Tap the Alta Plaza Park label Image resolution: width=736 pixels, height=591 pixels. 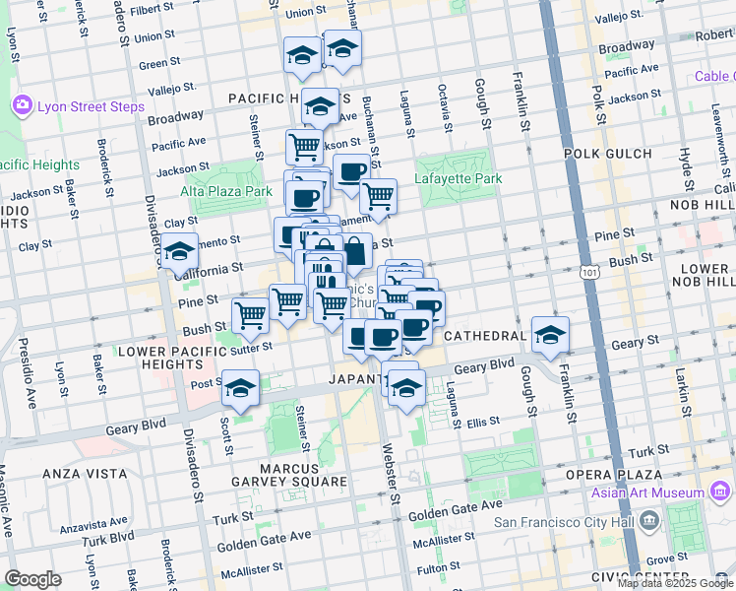225,191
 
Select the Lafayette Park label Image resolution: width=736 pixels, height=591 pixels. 458,178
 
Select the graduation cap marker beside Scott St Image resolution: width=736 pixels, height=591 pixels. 239,388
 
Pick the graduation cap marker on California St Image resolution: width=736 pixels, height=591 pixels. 180,254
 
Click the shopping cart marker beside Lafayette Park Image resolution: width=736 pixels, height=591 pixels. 378,197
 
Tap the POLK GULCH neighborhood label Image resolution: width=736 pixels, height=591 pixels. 607,154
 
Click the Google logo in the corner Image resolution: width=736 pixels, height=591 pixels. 32,579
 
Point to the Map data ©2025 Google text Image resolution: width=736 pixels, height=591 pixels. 674,583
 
